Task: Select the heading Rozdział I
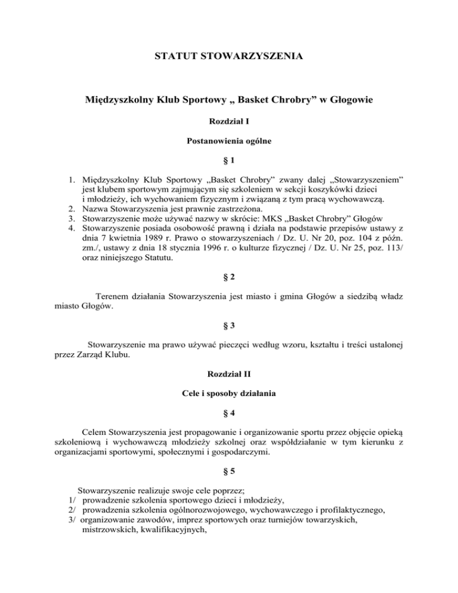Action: point(229,121)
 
